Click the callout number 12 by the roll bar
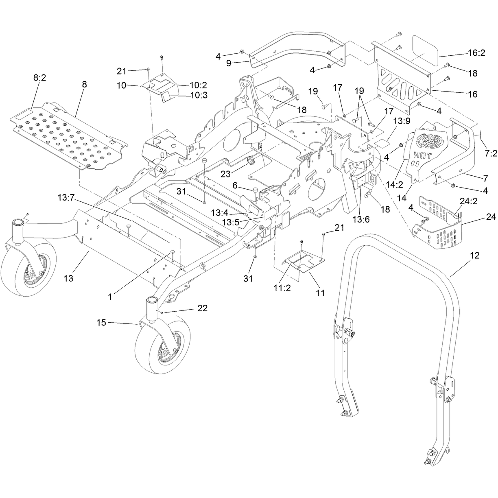click(474, 256)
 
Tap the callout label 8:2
click(39, 78)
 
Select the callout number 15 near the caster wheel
click(101, 323)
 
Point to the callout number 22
click(202, 308)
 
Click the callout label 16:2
click(476, 53)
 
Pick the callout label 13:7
click(66, 198)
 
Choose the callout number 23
click(225, 174)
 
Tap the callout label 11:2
click(282, 288)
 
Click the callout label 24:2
click(468, 201)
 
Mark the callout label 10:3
click(199, 95)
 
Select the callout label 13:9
click(402, 121)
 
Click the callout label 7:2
click(491, 153)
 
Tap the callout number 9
click(229, 63)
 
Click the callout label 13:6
click(361, 219)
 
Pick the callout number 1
click(110, 297)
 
